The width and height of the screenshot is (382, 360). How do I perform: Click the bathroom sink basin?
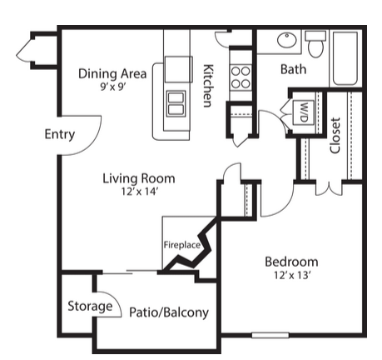pos(287,40)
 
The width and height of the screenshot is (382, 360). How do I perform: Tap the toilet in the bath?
pos(315,44)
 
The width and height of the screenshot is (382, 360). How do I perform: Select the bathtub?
pos(345,58)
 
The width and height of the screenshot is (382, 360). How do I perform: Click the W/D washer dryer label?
pos(304,112)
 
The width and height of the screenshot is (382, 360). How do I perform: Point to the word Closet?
pos(335,135)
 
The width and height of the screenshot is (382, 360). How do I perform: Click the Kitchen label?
pos(208,86)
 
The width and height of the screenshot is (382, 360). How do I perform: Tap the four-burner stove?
pos(241,77)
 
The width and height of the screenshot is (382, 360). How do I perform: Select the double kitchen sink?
pos(176,103)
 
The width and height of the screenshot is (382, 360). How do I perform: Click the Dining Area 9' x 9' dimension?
pos(113,87)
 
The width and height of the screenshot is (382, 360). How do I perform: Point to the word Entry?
pos(60,135)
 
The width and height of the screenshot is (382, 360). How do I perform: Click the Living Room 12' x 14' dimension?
pos(140,192)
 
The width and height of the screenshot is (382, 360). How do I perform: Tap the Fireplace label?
pos(182,245)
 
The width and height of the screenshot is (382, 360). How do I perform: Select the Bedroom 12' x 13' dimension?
pos(291,275)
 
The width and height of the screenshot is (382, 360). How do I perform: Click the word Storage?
pos(90,307)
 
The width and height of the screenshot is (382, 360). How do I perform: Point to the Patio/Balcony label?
pos(169,312)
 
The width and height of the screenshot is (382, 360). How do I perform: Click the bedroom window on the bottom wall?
pos(270,335)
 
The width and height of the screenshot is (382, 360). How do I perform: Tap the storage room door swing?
pos(113,300)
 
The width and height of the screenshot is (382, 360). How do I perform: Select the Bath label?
pos(294,69)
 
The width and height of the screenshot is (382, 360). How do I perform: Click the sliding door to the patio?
pos(130,272)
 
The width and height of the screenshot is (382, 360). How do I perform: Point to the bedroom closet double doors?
pos(329,189)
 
